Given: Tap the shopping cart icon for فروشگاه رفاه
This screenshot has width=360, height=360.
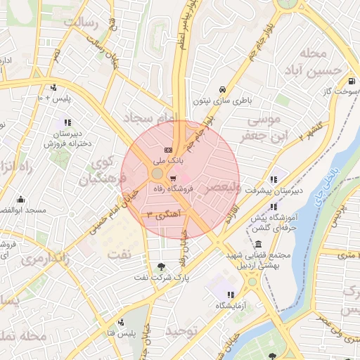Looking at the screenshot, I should tap(173, 177).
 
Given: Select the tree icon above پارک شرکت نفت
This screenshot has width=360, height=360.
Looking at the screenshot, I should tap(162, 266).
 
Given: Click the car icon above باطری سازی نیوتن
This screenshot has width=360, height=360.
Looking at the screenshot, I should tap(222, 90).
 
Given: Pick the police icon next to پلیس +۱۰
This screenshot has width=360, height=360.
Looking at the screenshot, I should tap(53, 89).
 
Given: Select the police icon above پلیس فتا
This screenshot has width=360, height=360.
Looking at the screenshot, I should tap(121, 321).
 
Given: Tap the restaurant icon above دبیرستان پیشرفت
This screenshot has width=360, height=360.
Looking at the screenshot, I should tap(274, 179).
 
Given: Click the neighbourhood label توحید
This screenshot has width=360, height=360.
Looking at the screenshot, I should tap(180, 330).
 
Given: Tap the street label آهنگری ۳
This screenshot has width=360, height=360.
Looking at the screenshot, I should tap(160, 211).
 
